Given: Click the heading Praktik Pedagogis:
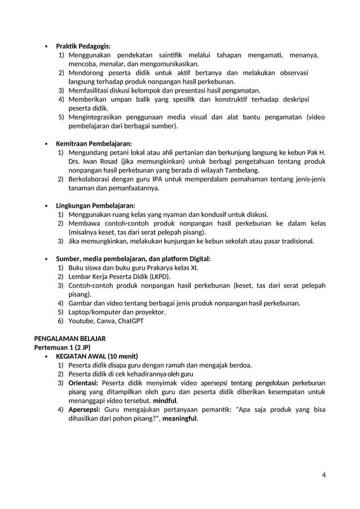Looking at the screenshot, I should [83, 46].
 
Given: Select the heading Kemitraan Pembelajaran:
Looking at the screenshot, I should [94, 143].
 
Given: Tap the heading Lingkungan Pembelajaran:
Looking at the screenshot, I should [95, 205].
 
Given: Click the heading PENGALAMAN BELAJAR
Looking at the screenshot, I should [70, 339].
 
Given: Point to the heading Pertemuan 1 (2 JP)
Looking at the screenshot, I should [62, 347].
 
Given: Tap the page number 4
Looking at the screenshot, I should [324, 473].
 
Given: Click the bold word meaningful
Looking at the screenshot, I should [179, 418].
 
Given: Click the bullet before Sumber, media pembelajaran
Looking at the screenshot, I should [46, 259].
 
